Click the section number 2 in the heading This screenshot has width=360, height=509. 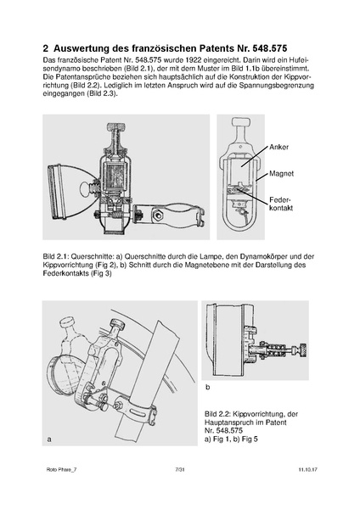tap(47, 49)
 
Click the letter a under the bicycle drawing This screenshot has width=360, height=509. tap(50, 440)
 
